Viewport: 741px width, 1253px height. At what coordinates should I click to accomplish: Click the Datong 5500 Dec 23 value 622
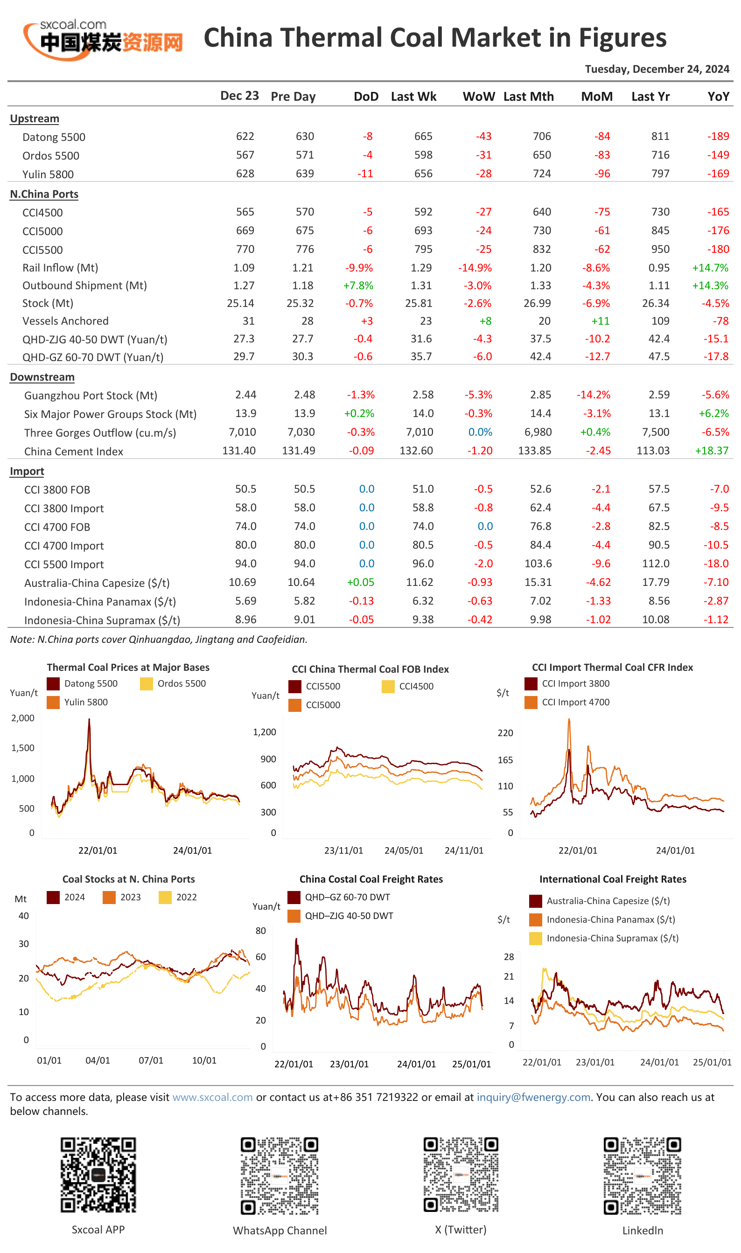[x=245, y=136]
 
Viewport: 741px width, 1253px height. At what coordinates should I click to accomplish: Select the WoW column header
[x=478, y=97]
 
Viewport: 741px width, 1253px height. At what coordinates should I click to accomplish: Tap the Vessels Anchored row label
[x=65, y=321]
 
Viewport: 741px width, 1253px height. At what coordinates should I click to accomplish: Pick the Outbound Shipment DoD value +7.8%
[x=358, y=285]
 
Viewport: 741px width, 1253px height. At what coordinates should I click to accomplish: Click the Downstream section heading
[x=42, y=377]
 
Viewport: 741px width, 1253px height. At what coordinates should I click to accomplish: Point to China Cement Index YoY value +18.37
[x=712, y=450]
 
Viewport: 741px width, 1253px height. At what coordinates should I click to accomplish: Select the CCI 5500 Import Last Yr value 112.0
[x=656, y=563]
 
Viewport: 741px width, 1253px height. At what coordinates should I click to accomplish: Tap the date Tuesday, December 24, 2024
[x=657, y=69]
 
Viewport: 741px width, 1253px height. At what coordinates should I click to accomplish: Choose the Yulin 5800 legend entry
[x=77, y=702]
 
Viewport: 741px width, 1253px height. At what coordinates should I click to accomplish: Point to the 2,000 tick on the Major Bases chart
[x=23, y=718]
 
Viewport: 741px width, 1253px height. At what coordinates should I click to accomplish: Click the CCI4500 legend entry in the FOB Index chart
[x=407, y=686]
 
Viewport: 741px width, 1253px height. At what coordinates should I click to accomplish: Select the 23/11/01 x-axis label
[x=343, y=850]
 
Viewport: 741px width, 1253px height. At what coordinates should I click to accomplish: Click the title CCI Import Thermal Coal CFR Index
[x=612, y=668]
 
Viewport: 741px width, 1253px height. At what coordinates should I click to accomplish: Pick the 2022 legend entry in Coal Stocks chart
[x=178, y=897]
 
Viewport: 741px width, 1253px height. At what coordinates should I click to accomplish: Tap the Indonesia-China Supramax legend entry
[x=604, y=938]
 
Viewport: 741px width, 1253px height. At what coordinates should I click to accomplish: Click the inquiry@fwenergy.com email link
[x=533, y=1097]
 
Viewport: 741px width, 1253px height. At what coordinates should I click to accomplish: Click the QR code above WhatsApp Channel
[x=280, y=1176]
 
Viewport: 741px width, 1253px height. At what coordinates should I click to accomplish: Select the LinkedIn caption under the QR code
[x=642, y=1230]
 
